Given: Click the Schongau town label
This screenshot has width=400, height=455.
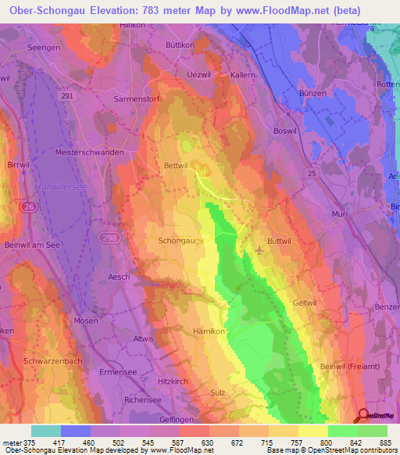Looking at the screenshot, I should [177, 242].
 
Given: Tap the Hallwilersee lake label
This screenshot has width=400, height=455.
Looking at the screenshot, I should [53, 187].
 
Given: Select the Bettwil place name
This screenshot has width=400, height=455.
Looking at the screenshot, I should [177, 166].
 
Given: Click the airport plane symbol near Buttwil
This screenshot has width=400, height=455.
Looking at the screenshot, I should [259, 251].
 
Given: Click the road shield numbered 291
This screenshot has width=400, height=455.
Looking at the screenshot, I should [68, 95].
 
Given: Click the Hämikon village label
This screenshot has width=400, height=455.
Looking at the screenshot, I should [209, 331].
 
